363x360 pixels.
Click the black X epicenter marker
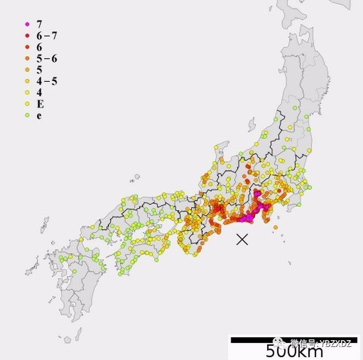(243, 239)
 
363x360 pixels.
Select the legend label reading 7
(39, 24)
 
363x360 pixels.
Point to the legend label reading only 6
(39, 47)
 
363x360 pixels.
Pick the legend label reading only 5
(39, 70)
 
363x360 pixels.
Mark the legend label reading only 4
(39, 93)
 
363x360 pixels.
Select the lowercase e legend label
(39, 116)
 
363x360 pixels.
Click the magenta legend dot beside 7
(27, 24)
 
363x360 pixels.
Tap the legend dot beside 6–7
(27, 36)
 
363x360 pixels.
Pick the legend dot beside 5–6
(27, 59)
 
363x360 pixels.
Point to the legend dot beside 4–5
(27, 82)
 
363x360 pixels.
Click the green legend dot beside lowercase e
(27, 116)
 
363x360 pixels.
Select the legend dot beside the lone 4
(27, 93)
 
